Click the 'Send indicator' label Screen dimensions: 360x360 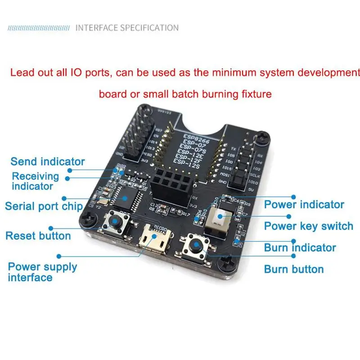[x=48, y=161]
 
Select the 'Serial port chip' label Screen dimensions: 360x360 [x=44, y=206]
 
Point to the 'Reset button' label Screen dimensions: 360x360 [x=38, y=236]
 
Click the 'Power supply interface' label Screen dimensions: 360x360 [x=42, y=272]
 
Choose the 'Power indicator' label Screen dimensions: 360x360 [x=304, y=204]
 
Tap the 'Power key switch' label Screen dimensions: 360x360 [x=308, y=226]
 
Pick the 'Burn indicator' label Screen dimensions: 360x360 [x=300, y=247]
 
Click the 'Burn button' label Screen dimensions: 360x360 [x=294, y=269]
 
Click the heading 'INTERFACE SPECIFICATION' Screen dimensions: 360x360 [x=127, y=28]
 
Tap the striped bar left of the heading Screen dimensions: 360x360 [x=39, y=28]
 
